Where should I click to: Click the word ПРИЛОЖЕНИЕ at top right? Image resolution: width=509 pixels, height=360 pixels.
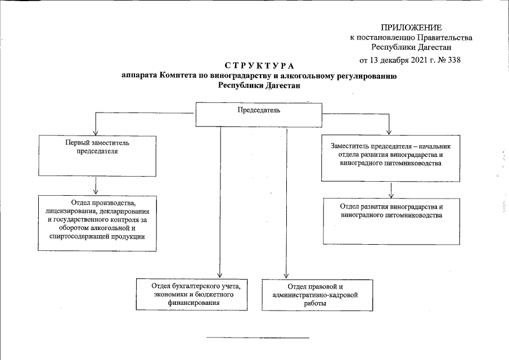[411, 28]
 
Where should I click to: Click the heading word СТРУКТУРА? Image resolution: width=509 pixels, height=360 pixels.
[259, 67]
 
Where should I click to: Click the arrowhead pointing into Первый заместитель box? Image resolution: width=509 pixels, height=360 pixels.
[97, 131]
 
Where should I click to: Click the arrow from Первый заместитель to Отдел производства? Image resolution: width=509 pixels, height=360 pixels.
[97, 185]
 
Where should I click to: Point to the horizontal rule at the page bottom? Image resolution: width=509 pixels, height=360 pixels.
[258, 337]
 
